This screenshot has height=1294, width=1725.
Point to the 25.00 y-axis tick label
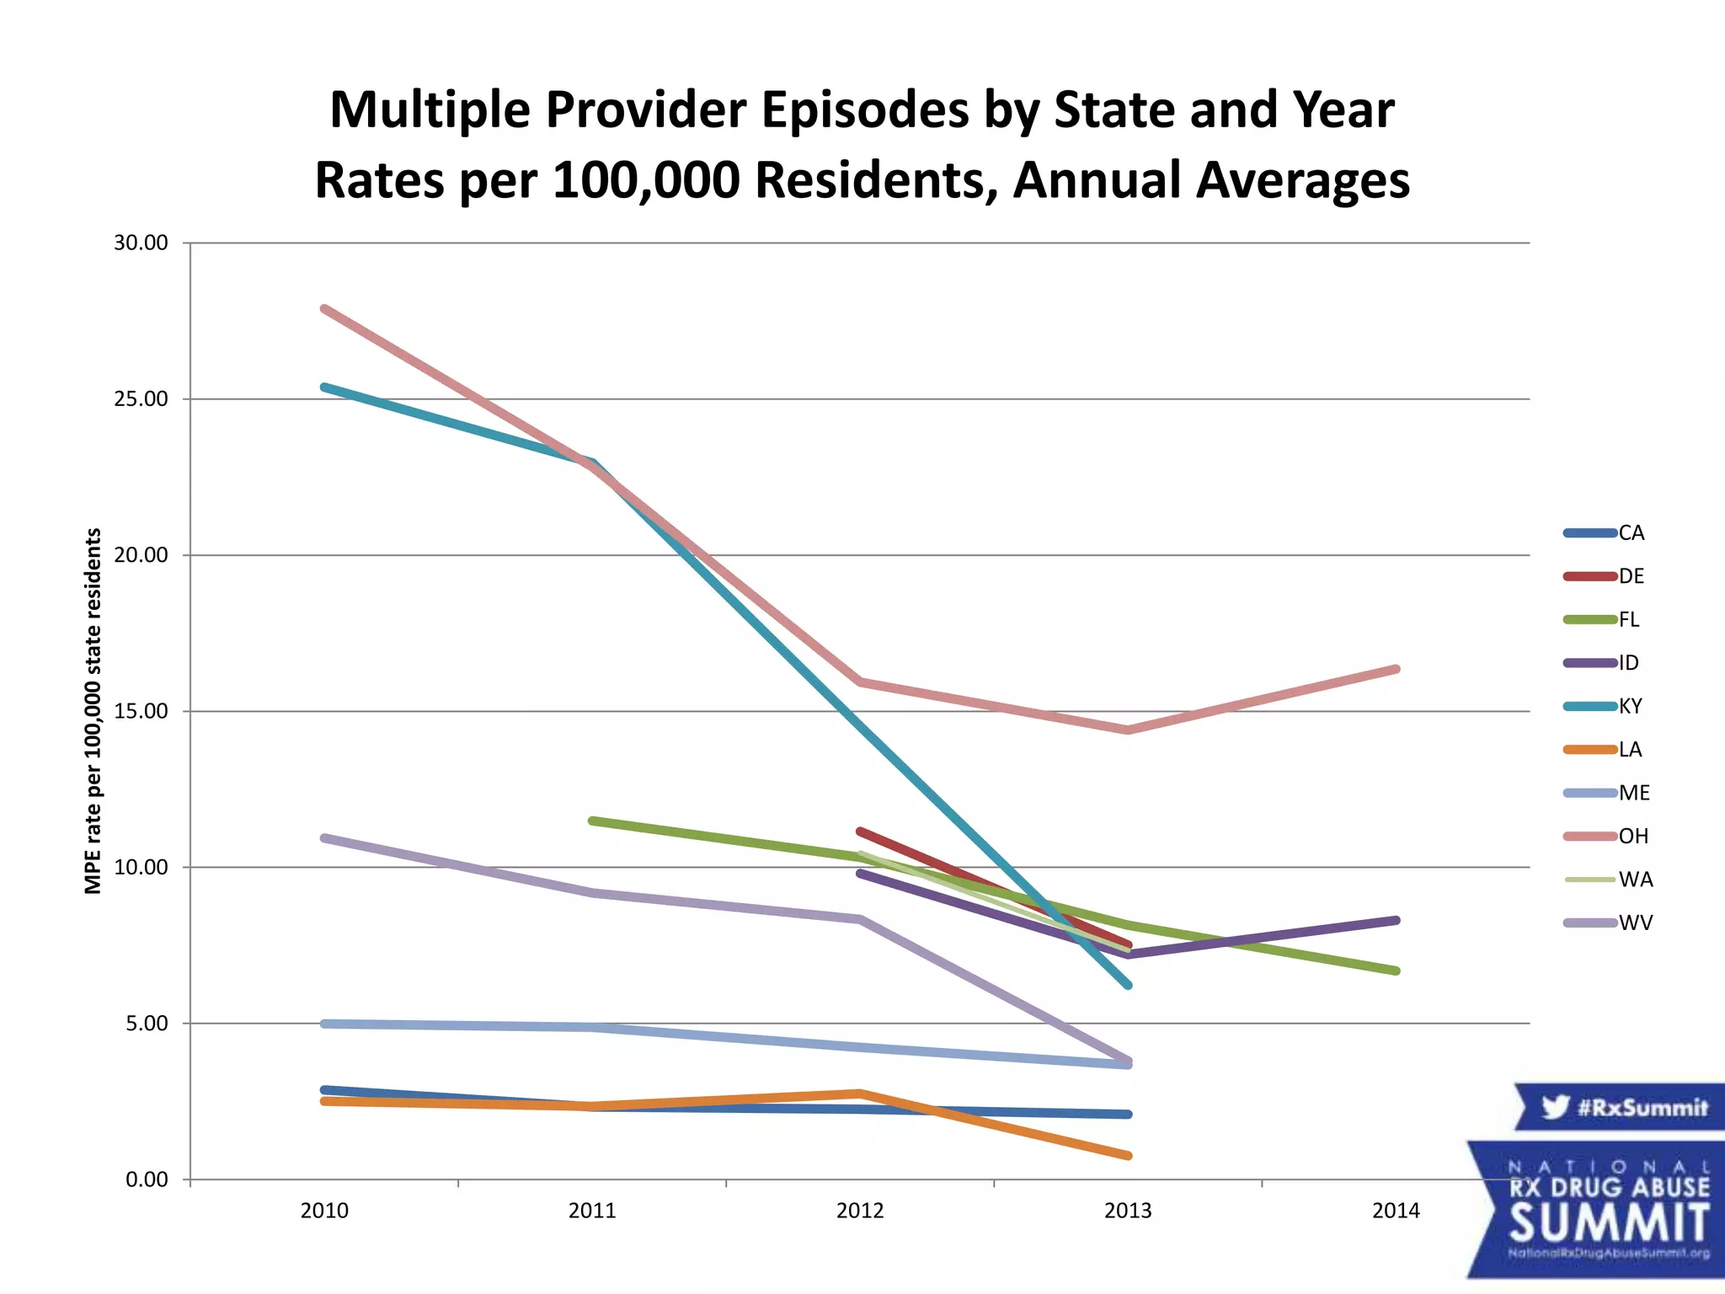pyautogui.click(x=141, y=398)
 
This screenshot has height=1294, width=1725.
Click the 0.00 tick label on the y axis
pyautogui.click(x=147, y=1179)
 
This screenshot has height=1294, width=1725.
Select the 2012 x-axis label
pyautogui.click(x=860, y=1211)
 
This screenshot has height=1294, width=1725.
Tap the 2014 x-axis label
pyautogui.click(x=1396, y=1211)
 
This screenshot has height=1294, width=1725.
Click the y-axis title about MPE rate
pyautogui.click(x=93, y=711)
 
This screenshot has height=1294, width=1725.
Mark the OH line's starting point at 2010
pyautogui.click(x=324, y=309)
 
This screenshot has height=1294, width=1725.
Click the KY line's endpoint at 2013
pyautogui.click(x=1128, y=985)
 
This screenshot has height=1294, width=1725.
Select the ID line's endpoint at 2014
pyautogui.click(x=1397, y=921)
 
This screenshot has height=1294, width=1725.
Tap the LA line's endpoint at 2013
pyautogui.click(x=1128, y=1156)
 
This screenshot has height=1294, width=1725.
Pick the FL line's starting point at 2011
pyautogui.click(x=592, y=821)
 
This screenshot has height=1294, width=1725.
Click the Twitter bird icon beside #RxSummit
pyautogui.click(x=1555, y=1107)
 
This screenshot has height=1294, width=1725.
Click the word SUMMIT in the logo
pyautogui.click(x=1610, y=1222)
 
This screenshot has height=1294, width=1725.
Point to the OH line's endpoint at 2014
pyautogui.click(x=1397, y=669)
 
